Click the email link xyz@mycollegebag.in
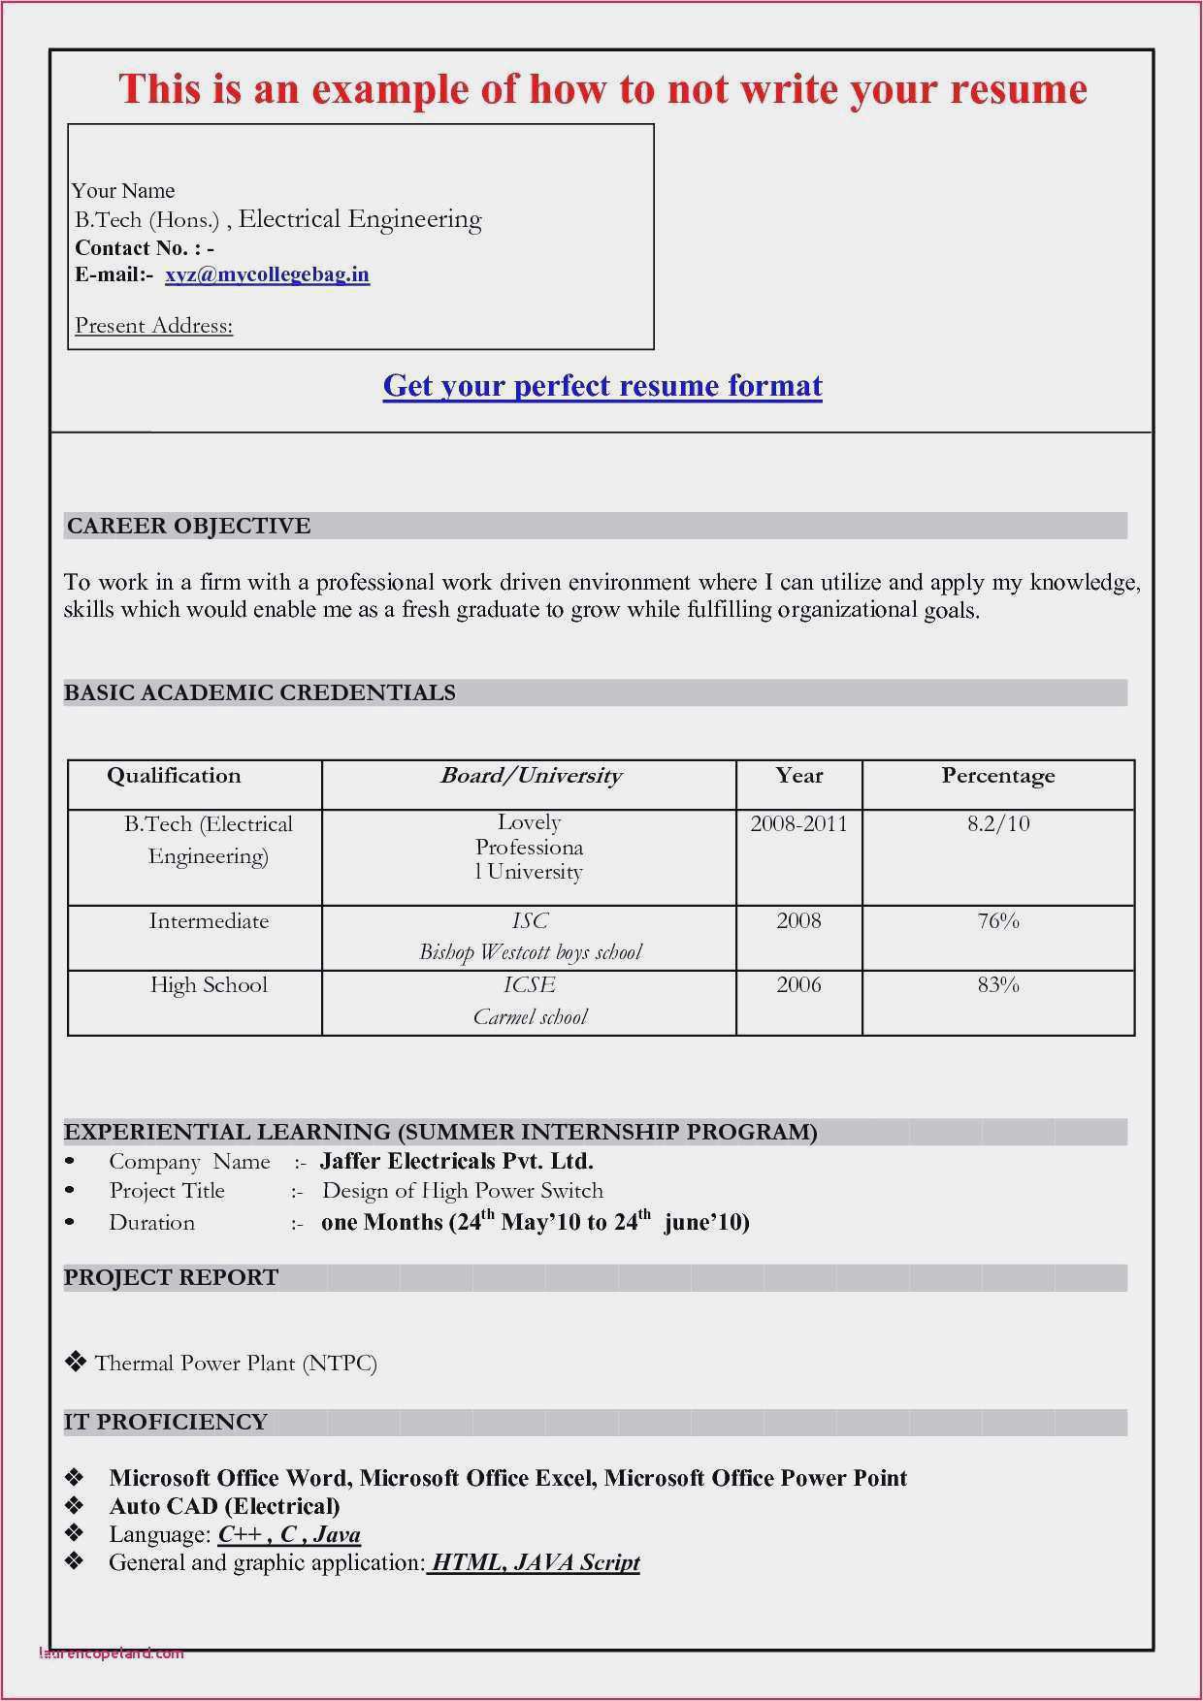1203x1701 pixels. pyautogui.click(x=267, y=275)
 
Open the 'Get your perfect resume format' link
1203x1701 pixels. pyautogui.click(x=602, y=386)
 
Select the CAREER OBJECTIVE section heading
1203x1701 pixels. pyautogui.click(x=188, y=526)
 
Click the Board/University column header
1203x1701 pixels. pyautogui.click(x=530, y=776)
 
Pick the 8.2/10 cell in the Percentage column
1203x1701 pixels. pyautogui.click(x=998, y=824)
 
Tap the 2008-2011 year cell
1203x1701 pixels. pyautogui.click(x=798, y=824)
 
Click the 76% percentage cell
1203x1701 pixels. pyautogui.click(x=998, y=921)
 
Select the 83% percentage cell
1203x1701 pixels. pyautogui.click(x=998, y=985)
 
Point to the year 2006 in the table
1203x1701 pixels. pyautogui.click(x=798, y=985)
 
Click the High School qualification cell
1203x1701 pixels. pyautogui.click(x=209, y=985)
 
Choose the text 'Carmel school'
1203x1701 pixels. pyautogui.click(x=530, y=1017)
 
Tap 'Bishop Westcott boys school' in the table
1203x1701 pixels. pyautogui.click(x=530, y=952)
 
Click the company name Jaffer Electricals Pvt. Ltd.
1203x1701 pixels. pyautogui.click(x=456, y=1161)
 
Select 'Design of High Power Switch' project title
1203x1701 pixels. pyautogui.click(x=463, y=1191)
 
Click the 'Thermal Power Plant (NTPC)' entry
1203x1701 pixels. pyautogui.click(x=235, y=1364)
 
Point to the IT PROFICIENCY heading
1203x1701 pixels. pyautogui.click(x=165, y=1422)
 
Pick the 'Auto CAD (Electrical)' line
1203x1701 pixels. pyautogui.click(x=224, y=1506)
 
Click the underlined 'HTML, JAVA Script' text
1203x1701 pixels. pyautogui.click(x=535, y=1562)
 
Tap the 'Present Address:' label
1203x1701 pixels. pyautogui.click(x=154, y=326)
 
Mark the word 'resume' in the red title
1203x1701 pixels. pyautogui.click(x=1018, y=89)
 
